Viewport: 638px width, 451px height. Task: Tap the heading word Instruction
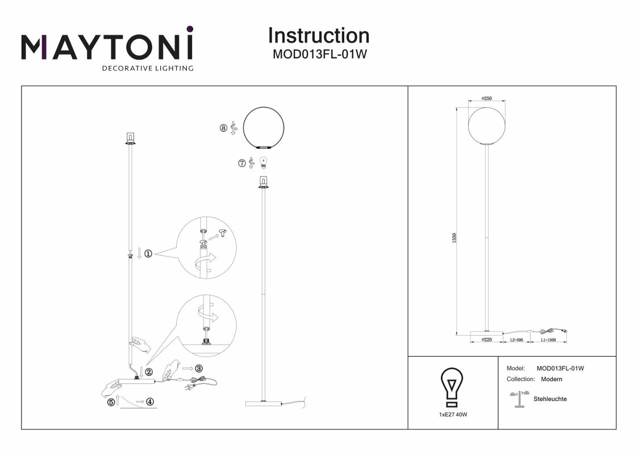tap(319, 36)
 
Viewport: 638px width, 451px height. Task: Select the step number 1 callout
tap(148, 254)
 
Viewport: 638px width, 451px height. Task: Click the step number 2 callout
tap(149, 373)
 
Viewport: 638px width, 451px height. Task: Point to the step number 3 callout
tap(198, 368)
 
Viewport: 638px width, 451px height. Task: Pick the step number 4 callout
tap(150, 402)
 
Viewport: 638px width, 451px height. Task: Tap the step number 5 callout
tap(111, 402)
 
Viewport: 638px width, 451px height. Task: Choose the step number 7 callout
tap(242, 163)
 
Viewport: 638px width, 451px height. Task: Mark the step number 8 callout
tap(223, 128)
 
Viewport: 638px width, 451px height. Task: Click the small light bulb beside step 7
tap(263, 163)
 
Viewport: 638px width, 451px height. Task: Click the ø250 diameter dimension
tap(486, 98)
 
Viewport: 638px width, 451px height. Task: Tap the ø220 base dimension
tap(487, 340)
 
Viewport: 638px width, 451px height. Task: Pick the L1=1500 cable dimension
tap(548, 340)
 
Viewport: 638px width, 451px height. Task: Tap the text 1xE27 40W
tap(453, 415)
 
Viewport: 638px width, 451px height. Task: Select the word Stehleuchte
tap(550, 399)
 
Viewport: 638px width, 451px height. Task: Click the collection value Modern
tap(552, 379)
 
